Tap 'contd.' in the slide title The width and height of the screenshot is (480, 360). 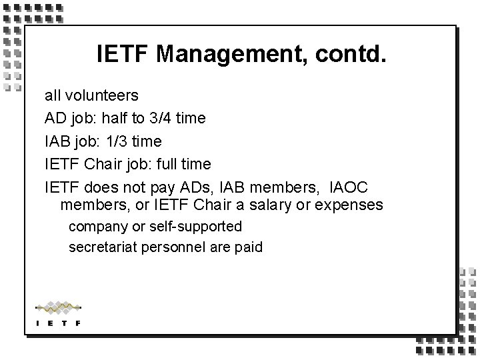coord(350,53)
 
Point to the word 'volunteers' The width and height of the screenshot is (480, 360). coord(103,96)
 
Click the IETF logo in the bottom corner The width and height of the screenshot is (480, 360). coord(58,313)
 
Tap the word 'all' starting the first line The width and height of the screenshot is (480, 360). coord(53,96)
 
